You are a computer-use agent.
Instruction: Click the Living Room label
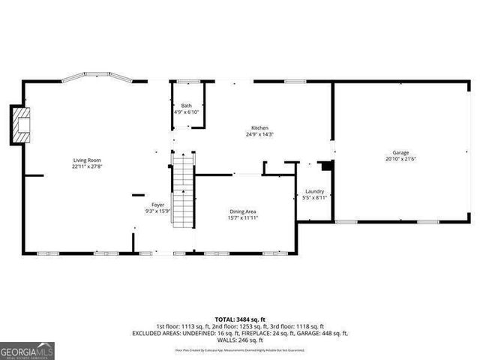(87, 160)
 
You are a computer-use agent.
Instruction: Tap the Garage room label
(399, 152)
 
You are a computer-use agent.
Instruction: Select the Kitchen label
(259, 128)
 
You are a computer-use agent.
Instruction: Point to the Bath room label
(186, 106)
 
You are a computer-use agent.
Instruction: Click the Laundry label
(314, 190)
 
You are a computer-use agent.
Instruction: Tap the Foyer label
(158, 205)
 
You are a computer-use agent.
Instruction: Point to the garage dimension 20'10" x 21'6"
(400, 159)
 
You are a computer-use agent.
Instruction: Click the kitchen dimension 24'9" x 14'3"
(259, 135)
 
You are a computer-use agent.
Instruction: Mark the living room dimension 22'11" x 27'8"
(87, 166)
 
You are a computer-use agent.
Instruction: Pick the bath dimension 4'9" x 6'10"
(186, 112)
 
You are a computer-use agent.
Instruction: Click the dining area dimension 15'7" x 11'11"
(244, 218)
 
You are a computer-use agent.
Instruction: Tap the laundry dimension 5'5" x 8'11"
(315, 197)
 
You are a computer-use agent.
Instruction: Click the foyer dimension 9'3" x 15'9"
(158, 211)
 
